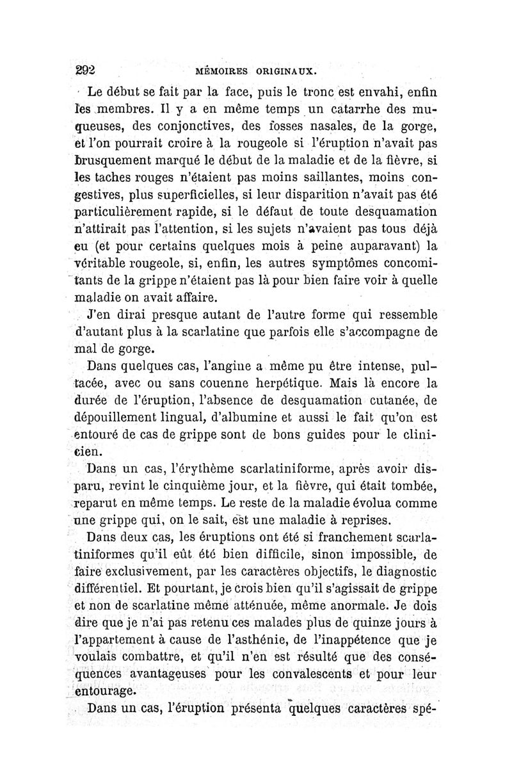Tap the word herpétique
pyautogui.click(x=282, y=385)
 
